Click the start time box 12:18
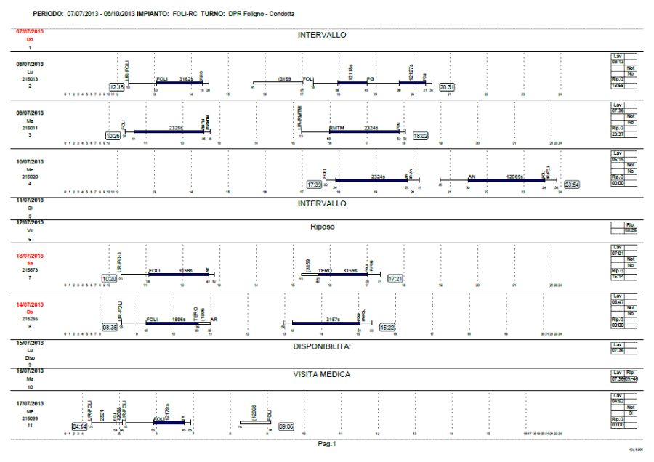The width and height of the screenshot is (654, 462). [116, 87]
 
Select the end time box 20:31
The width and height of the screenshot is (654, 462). [448, 87]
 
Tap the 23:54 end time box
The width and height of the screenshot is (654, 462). [572, 185]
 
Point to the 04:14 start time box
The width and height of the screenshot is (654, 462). [79, 426]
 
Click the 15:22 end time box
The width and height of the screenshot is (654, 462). [387, 328]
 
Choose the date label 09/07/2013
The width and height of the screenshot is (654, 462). [30, 113]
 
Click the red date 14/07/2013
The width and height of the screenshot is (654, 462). [30, 304]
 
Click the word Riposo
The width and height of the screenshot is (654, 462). [322, 227]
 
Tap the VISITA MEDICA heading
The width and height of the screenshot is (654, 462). [322, 374]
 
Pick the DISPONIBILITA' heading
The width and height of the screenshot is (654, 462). [322, 346]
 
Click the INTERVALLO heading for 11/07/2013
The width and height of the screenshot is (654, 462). [322, 203]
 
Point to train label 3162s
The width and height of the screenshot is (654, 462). [186, 78]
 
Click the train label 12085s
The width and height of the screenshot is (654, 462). [515, 177]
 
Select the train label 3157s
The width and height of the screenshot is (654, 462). [334, 319]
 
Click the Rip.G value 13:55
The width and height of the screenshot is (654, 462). [618, 85]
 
